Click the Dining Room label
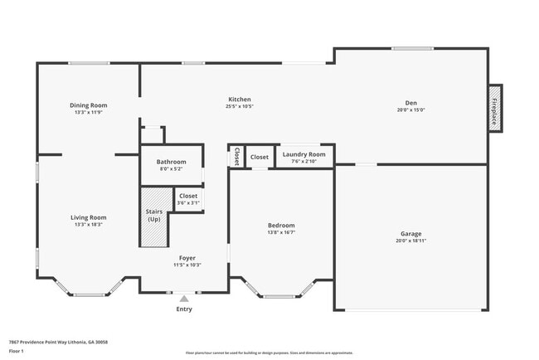coord(88,105)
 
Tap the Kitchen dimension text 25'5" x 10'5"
coord(239,106)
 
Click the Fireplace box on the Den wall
coord(495,107)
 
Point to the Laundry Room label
coord(303,154)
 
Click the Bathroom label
coord(172,162)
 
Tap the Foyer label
coord(187,258)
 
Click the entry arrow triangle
coord(184,298)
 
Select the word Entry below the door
coord(184,309)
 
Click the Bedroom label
coord(281,226)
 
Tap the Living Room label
coord(88,217)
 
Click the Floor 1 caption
coord(17,351)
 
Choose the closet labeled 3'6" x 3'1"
coord(188,199)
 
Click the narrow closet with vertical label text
coord(236,156)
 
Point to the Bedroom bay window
coord(279,294)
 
